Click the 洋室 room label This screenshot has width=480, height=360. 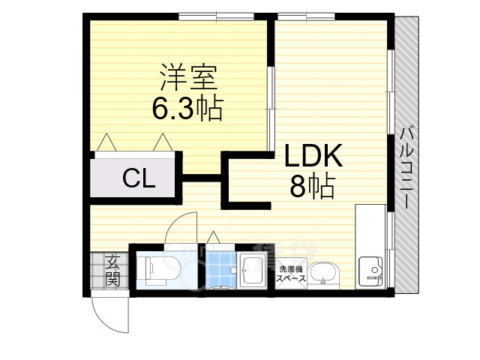coord(187,77)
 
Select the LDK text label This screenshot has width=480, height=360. coord(313,156)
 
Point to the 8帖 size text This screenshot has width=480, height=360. coord(312,187)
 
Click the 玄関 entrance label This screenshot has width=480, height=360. coord(112,271)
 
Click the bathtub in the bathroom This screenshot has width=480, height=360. coord(251,268)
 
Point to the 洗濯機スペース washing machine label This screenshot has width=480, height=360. coord(291,273)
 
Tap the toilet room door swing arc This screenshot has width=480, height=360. coord(181,227)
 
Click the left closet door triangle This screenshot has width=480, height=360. coord(105,142)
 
